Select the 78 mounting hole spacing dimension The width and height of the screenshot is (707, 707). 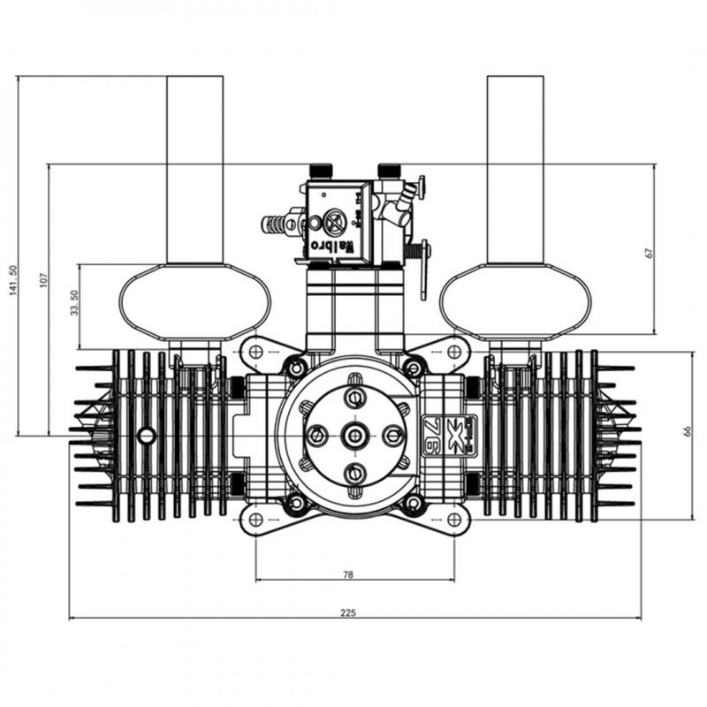pyautogui.click(x=347, y=574)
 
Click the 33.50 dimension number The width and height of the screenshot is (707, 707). pyautogui.click(x=74, y=304)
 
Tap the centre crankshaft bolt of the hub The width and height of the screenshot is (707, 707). pyautogui.click(x=355, y=435)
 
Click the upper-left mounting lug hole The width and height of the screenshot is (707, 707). pyautogui.click(x=255, y=352)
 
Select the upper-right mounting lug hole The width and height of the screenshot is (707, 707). pyautogui.click(x=454, y=352)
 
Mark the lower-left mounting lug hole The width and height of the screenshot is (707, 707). pyautogui.click(x=255, y=519)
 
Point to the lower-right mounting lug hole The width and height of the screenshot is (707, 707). pyautogui.click(x=454, y=519)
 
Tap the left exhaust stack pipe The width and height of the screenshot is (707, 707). pyautogui.click(x=194, y=168)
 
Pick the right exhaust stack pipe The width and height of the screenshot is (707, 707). pyautogui.click(x=515, y=168)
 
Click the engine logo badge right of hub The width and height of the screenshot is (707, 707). pyautogui.click(x=451, y=435)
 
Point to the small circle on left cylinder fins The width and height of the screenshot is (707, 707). pyautogui.click(x=147, y=435)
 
